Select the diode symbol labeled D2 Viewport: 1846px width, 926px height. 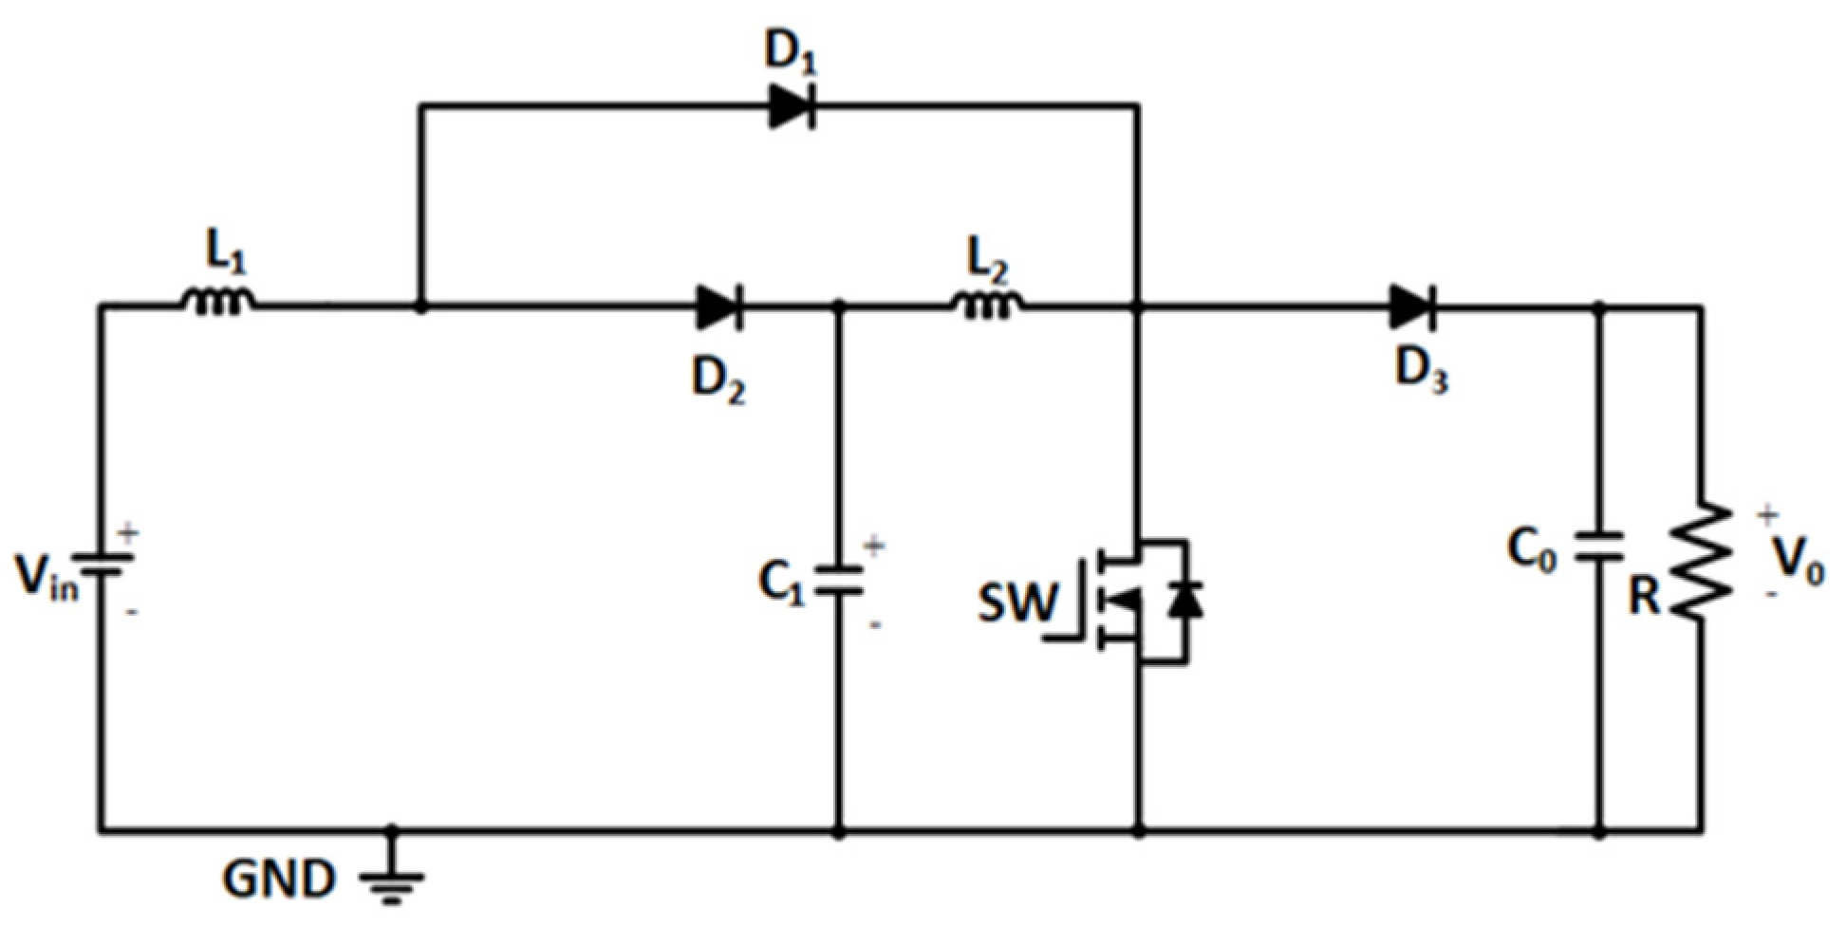(x=718, y=307)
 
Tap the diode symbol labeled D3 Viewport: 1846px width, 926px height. (x=1412, y=307)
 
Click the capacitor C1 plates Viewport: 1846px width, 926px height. (x=839, y=580)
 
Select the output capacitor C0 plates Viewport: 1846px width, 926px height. (x=1599, y=547)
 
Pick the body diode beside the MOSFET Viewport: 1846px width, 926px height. (x=1184, y=600)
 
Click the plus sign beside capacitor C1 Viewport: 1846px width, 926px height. (x=874, y=546)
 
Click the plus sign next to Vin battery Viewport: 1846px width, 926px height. (x=128, y=532)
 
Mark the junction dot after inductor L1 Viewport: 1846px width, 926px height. (x=421, y=307)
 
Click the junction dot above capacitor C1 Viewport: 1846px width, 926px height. (x=839, y=307)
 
